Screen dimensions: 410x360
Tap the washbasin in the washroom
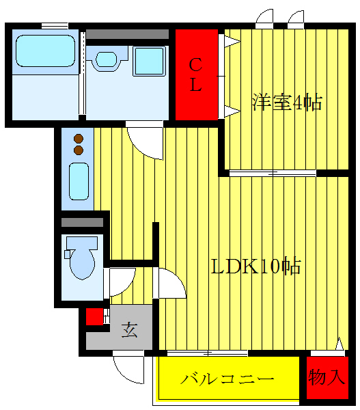(108, 59)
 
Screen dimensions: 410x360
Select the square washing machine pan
(148, 61)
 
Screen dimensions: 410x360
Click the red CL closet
(196, 74)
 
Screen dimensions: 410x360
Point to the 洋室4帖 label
(287, 102)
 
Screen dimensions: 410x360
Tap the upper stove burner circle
(78, 137)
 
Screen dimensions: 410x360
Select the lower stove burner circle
(78, 149)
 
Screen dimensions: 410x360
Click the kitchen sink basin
(79, 181)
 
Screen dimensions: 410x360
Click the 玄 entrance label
(129, 331)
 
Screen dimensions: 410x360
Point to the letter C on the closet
(195, 65)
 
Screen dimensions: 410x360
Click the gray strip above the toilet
(82, 222)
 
